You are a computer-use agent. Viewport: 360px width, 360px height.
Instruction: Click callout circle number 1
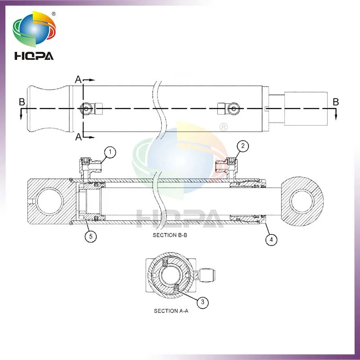110,152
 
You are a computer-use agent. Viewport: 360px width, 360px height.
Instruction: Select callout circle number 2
243,146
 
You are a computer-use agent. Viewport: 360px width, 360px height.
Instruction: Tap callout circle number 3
202,302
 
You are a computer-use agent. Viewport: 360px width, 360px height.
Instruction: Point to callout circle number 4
271,239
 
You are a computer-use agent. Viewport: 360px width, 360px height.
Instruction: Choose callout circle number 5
91,236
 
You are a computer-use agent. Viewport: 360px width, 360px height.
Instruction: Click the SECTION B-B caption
170,235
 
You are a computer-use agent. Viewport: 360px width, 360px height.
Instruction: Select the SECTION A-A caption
171,311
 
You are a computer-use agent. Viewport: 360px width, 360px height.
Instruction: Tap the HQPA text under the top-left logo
34,56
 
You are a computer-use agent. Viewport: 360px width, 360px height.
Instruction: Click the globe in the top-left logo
34,29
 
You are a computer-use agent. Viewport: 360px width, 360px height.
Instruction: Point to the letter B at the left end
22,102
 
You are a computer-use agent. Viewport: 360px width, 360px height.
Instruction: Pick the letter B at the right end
336,102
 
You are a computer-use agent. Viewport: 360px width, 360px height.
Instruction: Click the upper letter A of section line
78,80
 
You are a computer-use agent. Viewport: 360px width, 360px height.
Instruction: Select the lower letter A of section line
78,137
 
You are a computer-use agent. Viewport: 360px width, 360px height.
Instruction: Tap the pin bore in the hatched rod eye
302,201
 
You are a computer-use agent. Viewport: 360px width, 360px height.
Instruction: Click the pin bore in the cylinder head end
49,201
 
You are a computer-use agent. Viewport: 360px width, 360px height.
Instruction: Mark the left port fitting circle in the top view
86,108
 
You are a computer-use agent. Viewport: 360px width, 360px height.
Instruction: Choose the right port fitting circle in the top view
234,108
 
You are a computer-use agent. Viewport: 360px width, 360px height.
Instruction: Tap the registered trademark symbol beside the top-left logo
54,14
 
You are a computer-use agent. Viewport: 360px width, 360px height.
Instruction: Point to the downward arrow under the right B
336,114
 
